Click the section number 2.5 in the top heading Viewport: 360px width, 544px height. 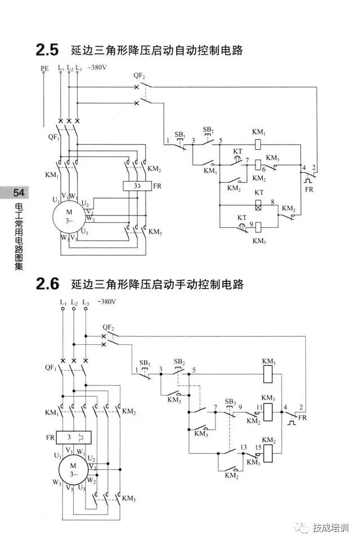pos(47,50)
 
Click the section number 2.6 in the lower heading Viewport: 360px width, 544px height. pos(47,284)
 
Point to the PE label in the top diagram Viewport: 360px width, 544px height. pos(45,69)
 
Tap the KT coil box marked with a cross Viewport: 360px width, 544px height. pos(258,206)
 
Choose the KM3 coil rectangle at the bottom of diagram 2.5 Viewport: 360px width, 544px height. pos(258,227)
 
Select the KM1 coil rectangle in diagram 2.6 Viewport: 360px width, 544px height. pos(269,371)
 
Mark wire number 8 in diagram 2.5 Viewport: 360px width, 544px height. pos(272,201)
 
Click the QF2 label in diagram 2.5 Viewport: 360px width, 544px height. pos(139,75)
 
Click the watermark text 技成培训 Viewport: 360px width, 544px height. pos(331,528)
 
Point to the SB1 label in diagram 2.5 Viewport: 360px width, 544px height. pos(179,135)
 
